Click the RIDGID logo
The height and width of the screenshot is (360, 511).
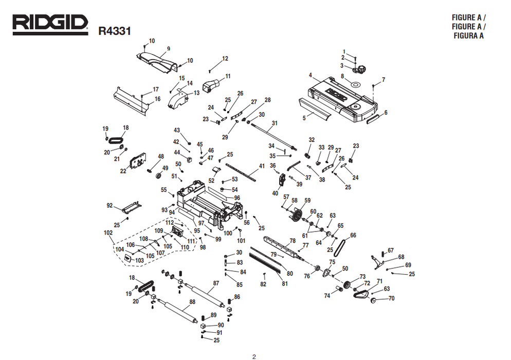(x=50, y=24)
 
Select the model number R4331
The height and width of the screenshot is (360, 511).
(x=115, y=31)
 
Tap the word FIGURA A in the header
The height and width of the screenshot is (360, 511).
(x=468, y=36)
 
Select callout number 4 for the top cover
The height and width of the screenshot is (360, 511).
(x=311, y=76)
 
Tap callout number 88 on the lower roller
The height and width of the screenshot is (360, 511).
(x=192, y=302)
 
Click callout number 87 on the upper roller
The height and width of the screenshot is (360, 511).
(x=216, y=283)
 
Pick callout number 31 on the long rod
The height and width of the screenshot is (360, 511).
(x=275, y=123)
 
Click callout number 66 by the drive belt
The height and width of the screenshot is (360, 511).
(x=353, y=236)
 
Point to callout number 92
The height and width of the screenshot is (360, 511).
(x=109, y=205)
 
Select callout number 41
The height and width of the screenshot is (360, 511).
(x=262, y=166)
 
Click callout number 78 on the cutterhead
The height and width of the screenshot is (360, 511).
(x=293, y=241)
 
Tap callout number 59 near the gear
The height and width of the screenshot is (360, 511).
(x=307, y=201)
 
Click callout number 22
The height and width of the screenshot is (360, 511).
(x=123, y=171)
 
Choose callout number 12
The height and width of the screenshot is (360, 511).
(x=225, y=58)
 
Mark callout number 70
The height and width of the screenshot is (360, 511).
(x=391, y=298)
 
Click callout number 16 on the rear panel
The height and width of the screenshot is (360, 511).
(x=157, y=99)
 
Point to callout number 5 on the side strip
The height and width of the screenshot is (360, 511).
(x=304, y=118)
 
